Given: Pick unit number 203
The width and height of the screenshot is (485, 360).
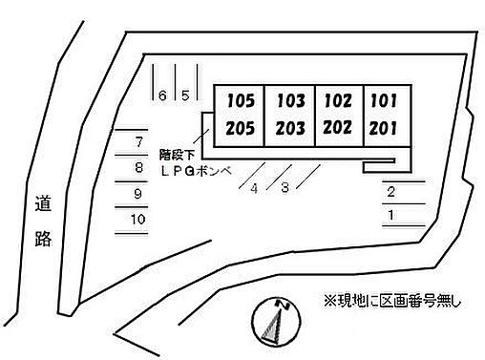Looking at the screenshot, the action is tap(290, 129).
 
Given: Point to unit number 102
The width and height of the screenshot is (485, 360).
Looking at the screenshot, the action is tap(338, 99).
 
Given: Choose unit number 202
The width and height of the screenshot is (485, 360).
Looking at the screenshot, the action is tap(338, 128).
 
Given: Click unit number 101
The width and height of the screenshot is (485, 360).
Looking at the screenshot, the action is tap(384, 99).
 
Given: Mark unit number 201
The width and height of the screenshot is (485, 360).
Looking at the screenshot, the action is tap(384, 128).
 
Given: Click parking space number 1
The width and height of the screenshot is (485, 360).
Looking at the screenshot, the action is tap(391, 215).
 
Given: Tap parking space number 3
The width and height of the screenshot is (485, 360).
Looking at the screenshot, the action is tap(285, 188).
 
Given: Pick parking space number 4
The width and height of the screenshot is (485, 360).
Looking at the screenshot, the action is tap(254, 188).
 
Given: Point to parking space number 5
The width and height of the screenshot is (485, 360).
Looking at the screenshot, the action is tap(186, 95).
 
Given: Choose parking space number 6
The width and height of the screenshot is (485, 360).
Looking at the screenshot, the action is tap(163, 95).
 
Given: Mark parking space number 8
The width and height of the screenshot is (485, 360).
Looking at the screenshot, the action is tap(139, 168).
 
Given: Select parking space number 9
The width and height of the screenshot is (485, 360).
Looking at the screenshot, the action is tap(138, 194).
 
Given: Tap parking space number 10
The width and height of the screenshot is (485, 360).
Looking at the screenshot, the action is tap(138, 220).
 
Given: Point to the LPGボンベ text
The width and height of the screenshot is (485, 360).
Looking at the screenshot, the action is tap(195, 169).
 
